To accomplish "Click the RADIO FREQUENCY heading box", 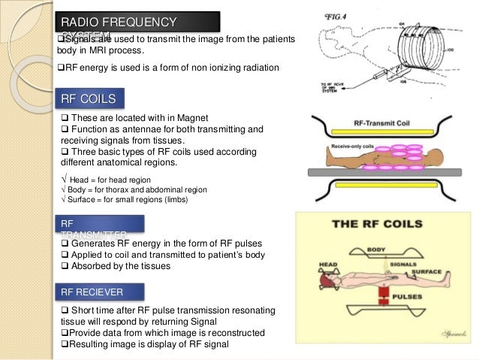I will coord(137,23).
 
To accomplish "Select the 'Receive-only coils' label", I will coord(349,144).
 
